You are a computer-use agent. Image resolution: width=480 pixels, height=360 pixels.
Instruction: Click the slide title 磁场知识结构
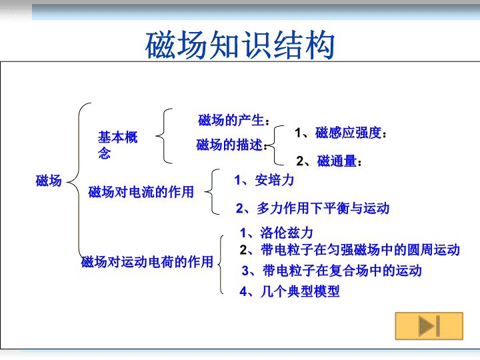click(240, 45)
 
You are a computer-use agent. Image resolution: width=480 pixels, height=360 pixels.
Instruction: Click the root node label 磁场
click(49, 181)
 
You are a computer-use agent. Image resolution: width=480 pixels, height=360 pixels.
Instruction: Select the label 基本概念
click(117, 145)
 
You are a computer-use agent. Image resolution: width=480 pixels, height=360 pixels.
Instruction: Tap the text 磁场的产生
click(231, 120)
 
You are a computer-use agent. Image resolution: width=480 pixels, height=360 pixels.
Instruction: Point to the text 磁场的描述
click(229, 145)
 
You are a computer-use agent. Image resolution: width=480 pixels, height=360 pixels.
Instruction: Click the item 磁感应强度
click(349, 133)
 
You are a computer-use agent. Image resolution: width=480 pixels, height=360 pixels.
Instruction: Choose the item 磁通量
click(337, 161)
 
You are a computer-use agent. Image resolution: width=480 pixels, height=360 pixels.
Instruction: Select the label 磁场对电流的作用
click(141, 192)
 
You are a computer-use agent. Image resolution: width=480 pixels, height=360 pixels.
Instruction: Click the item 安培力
click(274, 180)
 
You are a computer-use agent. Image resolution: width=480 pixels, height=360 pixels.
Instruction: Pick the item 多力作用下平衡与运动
click(323, 208)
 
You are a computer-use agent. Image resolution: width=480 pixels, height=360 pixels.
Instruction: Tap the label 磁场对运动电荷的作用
click(147, 262)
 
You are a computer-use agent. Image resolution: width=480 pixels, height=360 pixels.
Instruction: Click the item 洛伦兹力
click(287, 233)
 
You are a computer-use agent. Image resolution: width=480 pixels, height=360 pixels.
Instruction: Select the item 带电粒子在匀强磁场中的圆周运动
click(360, 250)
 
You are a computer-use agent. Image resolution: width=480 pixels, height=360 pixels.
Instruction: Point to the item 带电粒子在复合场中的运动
click(342, 271)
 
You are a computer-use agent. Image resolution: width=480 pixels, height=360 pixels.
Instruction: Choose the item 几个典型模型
click(300, 291)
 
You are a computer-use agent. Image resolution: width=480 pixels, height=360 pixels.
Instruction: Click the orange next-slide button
click(429, 326)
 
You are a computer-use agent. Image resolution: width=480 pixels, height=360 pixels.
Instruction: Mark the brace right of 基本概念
click(164, 136)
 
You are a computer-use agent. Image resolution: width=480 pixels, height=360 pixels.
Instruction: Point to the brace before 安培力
click(212, 191)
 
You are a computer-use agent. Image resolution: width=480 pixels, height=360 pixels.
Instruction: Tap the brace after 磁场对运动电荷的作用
click(221, 264)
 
